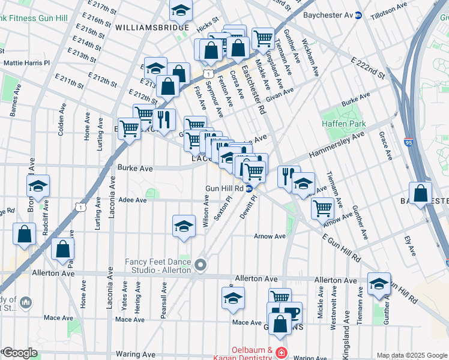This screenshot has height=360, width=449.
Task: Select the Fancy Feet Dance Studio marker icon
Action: point(200,265)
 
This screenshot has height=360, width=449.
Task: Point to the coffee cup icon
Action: point(291,313)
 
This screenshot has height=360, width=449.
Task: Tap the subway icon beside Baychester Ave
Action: point(359,15)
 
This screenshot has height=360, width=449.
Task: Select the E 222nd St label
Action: point(368,70)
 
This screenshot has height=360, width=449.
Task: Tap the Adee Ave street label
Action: point(132,200)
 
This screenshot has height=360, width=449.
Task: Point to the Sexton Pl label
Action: point(221,209)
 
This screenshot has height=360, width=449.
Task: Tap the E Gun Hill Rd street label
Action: point(340,248)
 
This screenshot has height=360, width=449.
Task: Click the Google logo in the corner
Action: point(19,353)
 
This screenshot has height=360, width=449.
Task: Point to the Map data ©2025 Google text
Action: point(411,355)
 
